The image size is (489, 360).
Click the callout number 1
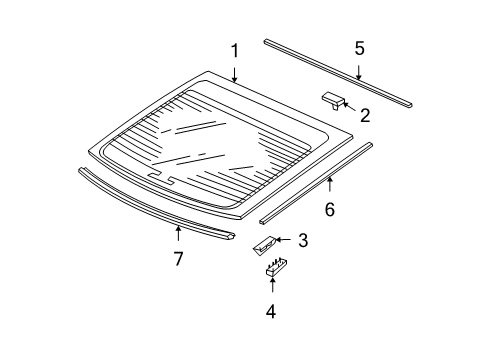coord(234,51)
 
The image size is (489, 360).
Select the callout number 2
coord(364,116)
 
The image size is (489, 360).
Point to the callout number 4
coord(270,310)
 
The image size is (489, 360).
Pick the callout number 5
coord(359,48)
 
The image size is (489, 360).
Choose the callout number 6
coord(329,209)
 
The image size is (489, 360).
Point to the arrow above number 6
coord(329,185)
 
